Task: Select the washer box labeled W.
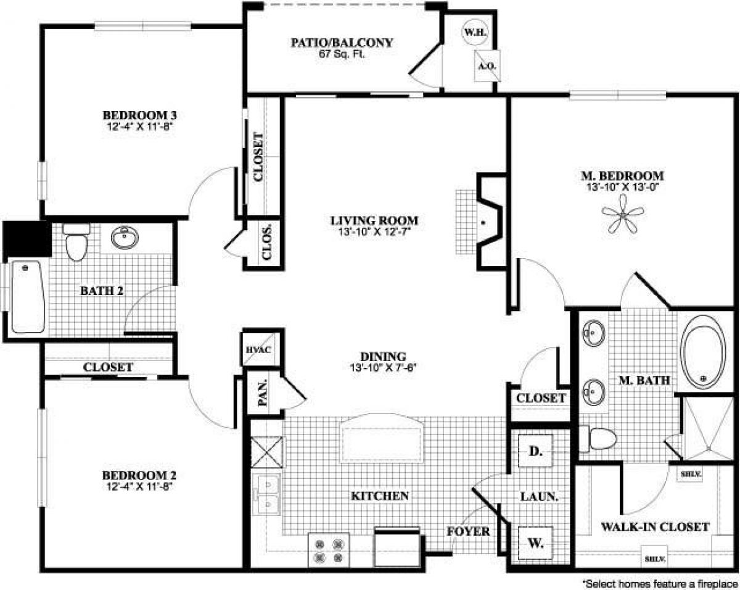(x=535, y=543)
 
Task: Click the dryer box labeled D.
(x=535, y=452)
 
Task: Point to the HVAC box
(x=255, y=349)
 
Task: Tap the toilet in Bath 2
(x=76, y=242)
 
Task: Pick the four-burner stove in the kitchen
(x=328, y=549)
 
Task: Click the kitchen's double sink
(x=268, y=496)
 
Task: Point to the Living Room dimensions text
(x=374, y=231)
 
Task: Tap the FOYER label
(x=469, y=531)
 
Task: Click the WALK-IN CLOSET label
(x=655, y=527)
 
